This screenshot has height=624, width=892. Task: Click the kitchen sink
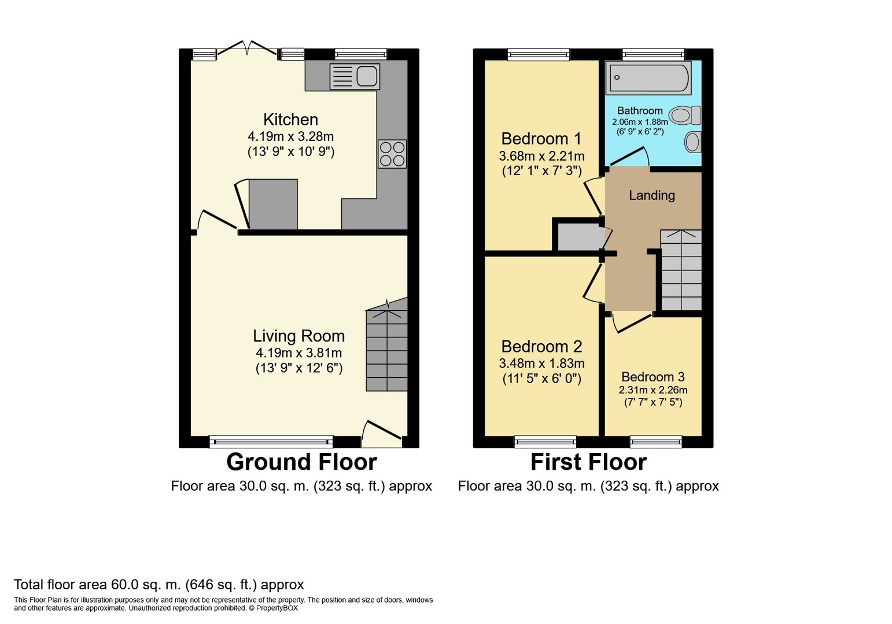[355, 76]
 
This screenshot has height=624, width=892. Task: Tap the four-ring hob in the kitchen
[392, 154]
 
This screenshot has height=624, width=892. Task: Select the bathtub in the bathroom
[648, 77]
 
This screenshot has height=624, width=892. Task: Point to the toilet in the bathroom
[685, 116]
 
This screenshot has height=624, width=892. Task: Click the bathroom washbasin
[693, 142]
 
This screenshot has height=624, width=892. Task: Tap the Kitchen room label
[291, 120]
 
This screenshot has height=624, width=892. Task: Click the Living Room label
[298, 336]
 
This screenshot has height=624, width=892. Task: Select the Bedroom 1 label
[541, 139]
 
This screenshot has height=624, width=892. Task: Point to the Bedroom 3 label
[653, 377]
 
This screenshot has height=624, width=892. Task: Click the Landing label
[652, 195]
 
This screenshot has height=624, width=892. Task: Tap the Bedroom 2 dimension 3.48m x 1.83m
[541, 363]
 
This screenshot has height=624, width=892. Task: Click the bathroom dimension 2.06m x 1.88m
[640, 122]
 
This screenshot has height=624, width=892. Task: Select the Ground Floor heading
[301, 462]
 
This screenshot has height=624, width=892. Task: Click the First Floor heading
[588, 462]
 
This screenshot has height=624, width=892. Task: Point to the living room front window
[271, 441]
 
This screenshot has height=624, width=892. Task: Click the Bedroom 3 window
[656, 441]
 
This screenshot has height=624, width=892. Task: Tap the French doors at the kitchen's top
[248, 50]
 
